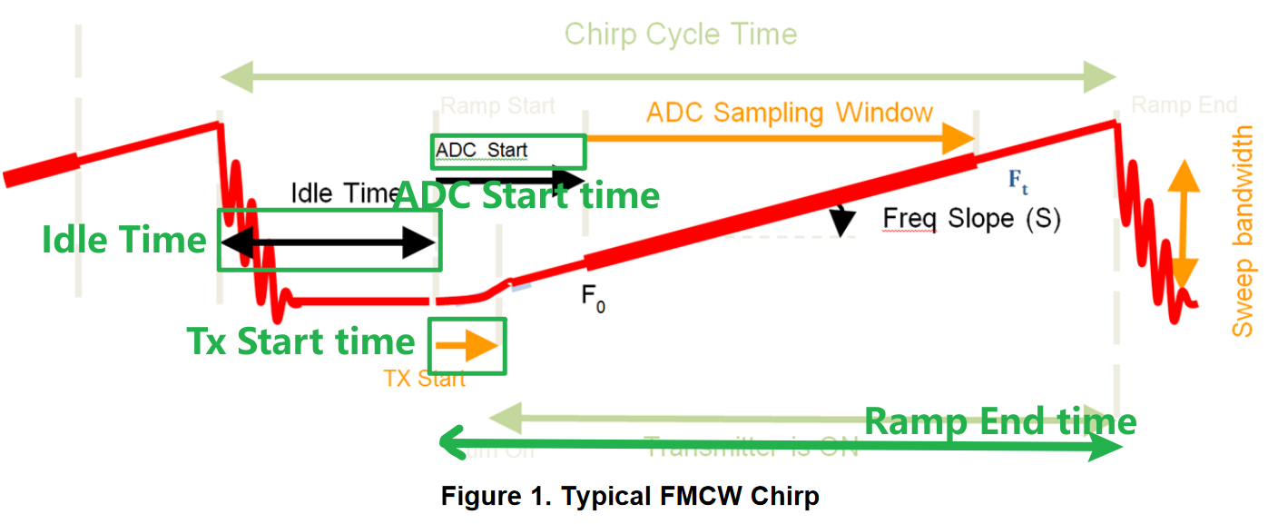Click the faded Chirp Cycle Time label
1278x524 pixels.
tap(680, 35)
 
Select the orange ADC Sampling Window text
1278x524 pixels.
tap(789, 113)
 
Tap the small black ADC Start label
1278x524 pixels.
tap(481, 150)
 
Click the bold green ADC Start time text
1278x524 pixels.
tap(527, 194)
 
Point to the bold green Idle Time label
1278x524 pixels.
tap(124, 240)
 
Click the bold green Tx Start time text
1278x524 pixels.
tap(300, 341)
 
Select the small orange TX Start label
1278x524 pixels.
tap(425, 379)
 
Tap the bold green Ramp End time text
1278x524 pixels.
tap(999, 421)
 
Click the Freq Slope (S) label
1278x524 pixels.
tap(971, 219)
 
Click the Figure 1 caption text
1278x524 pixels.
tap(630, 497)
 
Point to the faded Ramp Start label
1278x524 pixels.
tap(497, 106)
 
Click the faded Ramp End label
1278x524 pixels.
tap(1172, 106)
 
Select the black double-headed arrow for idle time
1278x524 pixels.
tap(329, 242)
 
